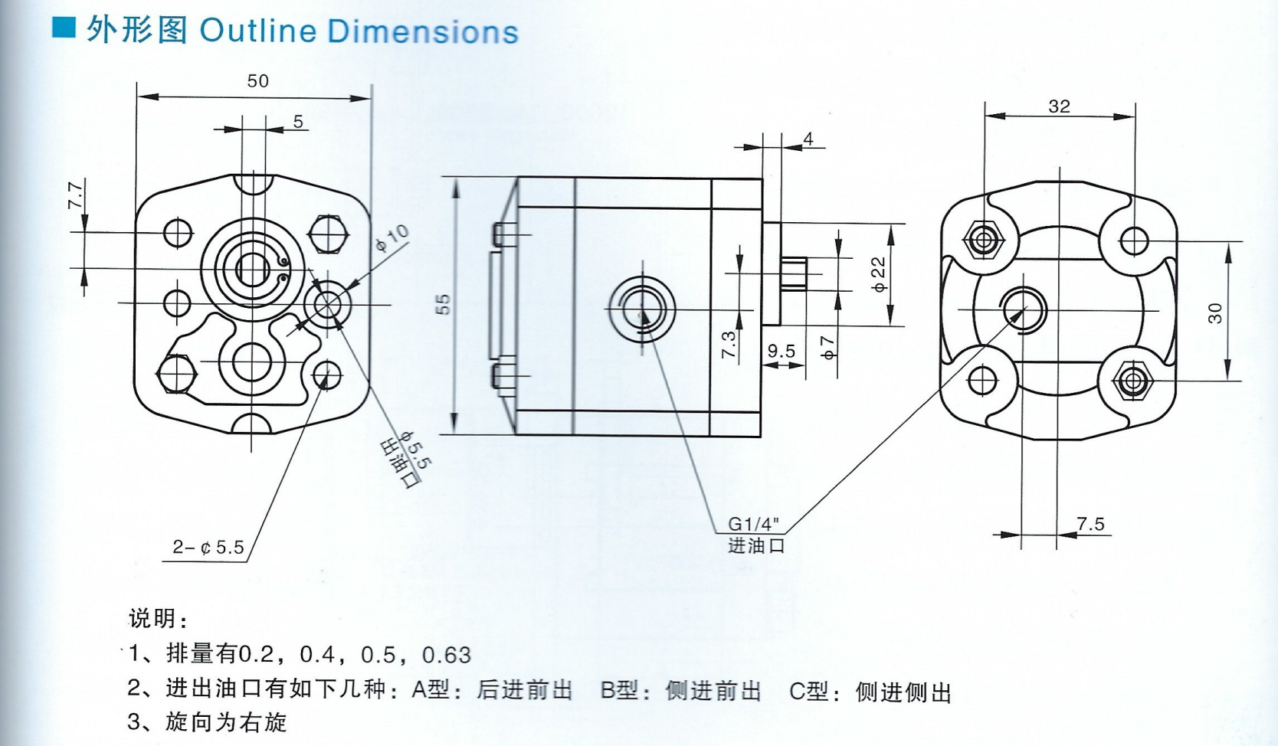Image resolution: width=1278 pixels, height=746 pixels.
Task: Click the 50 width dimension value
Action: click(257, 81)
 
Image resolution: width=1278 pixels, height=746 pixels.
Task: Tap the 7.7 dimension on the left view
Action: click(75, 195)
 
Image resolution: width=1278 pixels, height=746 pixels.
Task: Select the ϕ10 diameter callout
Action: click(392, 238)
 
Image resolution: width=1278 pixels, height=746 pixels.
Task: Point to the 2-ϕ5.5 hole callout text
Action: click(208, 547)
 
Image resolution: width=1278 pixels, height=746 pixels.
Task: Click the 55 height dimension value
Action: click(444, 304)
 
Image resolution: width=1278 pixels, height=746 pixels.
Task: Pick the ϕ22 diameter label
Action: click(879, 274)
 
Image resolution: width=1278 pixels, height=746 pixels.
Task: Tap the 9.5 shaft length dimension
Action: click(782, 352)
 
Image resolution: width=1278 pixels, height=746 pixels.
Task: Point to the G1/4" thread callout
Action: click(752, 524)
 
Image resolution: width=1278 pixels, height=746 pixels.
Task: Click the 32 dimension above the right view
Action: click(1059, 106)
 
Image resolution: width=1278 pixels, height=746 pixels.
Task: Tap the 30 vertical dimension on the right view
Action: click(1215, 312)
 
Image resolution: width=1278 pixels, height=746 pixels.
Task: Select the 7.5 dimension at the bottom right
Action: click(1090, 524)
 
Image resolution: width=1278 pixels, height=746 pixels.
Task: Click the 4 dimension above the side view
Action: click(808, 139)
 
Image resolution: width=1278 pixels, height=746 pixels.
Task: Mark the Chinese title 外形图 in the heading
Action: click(137, 31)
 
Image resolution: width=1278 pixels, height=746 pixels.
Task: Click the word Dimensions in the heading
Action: click(423, 31)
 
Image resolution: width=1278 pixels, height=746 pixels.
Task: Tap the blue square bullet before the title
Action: click(64, 28)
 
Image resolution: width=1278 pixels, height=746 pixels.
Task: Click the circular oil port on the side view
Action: click(642, 309)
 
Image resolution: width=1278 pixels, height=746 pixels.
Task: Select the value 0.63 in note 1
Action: click(447, 655)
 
